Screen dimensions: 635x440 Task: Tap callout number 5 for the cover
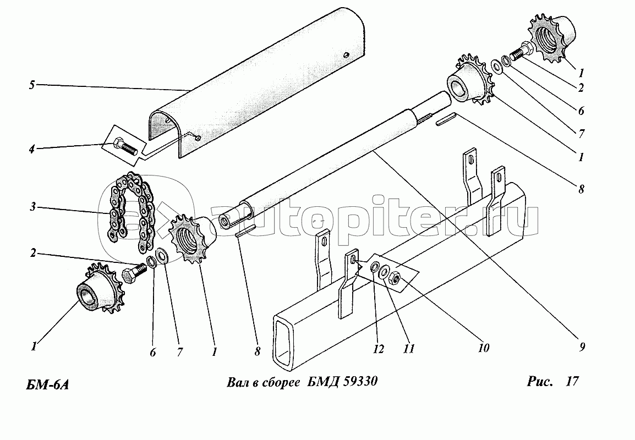coord(32,85)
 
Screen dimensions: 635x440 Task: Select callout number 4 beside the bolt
coord(31,149)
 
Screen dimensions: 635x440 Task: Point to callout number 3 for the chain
coord(32,207)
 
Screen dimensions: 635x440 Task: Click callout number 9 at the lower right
coord(582,347)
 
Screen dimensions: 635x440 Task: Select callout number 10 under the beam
coord(484,348)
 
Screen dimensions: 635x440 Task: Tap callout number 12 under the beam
coord(378,349)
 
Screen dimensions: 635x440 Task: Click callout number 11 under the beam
coord(409,348)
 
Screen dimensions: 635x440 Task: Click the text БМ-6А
coord(47,384)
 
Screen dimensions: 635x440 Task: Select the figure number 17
coord(572,381)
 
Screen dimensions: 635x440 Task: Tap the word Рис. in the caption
coord(540,381)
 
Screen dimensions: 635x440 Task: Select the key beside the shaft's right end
coord(446,120)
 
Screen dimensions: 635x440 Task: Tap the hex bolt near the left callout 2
coord(134,274)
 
